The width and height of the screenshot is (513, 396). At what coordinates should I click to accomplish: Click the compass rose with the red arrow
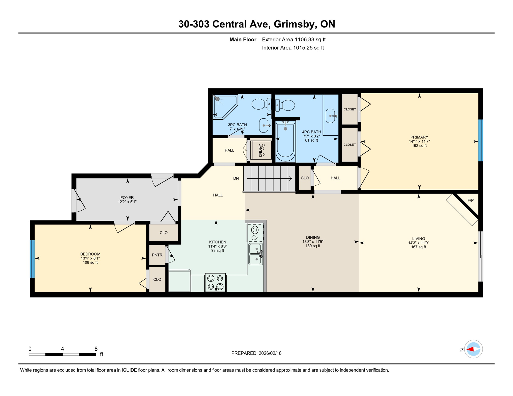pos(473,349)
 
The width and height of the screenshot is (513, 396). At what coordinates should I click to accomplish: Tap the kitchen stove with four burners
pos(215,282)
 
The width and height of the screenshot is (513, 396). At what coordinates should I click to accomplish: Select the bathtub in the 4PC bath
pos(285,141)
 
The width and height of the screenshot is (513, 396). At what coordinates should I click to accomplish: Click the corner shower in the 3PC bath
pos(223,106)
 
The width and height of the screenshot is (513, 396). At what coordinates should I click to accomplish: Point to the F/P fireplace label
pos(470,200)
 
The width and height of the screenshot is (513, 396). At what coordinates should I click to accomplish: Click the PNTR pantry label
pos(157,255)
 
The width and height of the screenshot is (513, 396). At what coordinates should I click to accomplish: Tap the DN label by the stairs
pos(236,178)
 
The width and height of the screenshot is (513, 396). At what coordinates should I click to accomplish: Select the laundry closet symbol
pos(261,150)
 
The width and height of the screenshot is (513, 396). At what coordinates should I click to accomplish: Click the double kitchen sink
pos(255,254)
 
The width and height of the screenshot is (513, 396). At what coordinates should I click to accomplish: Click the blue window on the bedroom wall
pos(32,259)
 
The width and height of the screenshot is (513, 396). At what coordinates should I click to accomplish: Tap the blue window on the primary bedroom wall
pos(480,140)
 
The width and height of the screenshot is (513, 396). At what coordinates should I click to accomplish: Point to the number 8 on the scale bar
pos(96,349)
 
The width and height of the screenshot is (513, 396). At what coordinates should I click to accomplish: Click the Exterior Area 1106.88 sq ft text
pos(294,39)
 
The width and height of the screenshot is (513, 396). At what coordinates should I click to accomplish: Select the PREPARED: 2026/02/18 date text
pos(256,353)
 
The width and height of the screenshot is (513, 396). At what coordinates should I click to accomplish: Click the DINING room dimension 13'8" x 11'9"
pos(313,242)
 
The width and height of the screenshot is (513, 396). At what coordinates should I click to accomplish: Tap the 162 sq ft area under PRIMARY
pos(419,146)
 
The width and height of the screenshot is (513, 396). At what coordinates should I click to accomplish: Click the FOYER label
pos(127,198)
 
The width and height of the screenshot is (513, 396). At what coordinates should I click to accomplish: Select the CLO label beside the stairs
pos(304,178)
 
